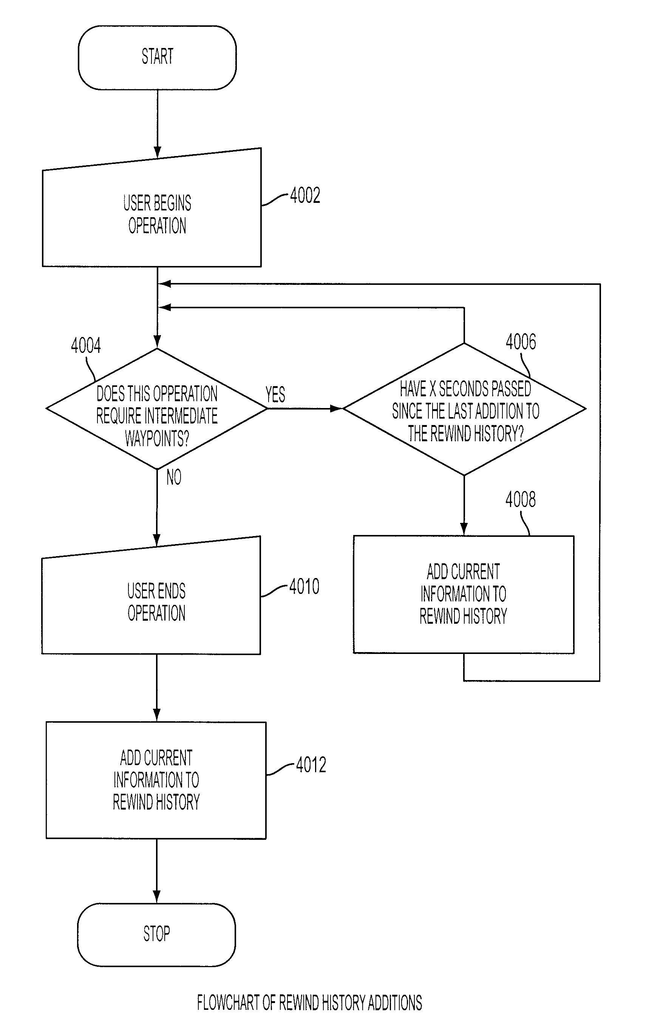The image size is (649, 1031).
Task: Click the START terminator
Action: click(157, 57)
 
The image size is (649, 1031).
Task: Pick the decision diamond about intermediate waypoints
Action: click(157, 409)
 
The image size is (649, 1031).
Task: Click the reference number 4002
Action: click(305, 195)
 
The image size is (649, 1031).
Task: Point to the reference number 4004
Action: click(86, 345)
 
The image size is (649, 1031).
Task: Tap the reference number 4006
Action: click(521, 342)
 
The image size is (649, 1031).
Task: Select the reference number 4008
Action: click(520, 499)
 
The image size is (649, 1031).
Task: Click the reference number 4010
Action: click(304, 586)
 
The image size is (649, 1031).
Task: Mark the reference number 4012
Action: click(311, 765)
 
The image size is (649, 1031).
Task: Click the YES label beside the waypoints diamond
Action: click(275, 394)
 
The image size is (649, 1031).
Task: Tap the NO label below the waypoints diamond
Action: click(174, 477)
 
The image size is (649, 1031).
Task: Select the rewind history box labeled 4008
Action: click(464, 594)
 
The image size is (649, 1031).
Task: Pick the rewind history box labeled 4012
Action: click(156, 780)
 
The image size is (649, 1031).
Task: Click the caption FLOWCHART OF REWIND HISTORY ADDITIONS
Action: click(309, 1003)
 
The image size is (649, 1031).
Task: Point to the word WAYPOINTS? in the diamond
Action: click(157, 438)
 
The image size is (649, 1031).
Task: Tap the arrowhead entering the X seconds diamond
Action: click(337, 409)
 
